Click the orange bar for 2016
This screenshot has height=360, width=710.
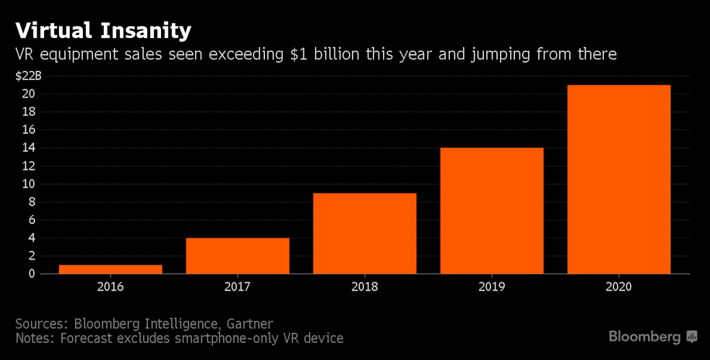click(x=110, y=269)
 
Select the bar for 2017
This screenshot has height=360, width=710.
click(x=238, y=255)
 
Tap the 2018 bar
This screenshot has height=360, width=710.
click(x=365, y=233)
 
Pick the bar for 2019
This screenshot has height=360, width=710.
click(x=492, y=211)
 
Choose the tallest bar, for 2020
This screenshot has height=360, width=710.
click(x=619, y=180)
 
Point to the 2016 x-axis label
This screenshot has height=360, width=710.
click(x=110, y=286)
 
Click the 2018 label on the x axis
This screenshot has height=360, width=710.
click(x=365, y=286)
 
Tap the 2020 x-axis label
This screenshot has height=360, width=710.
click(x=619, y=286)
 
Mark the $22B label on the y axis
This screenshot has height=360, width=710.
click(x=28, y=75)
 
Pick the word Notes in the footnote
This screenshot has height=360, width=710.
click(x=34, y=338)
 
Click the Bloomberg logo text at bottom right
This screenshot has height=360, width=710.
click(x=644, y=337)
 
